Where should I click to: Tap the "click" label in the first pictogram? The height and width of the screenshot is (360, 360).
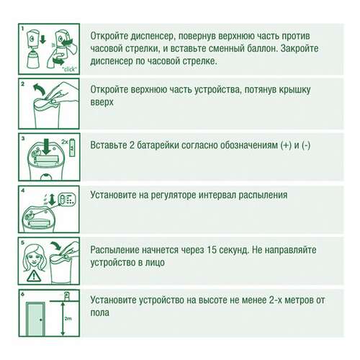click(x=69, y=69)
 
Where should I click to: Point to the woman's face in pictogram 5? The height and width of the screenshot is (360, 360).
click(x=34, y=254)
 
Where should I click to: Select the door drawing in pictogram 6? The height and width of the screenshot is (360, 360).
click(x=34, y=318)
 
